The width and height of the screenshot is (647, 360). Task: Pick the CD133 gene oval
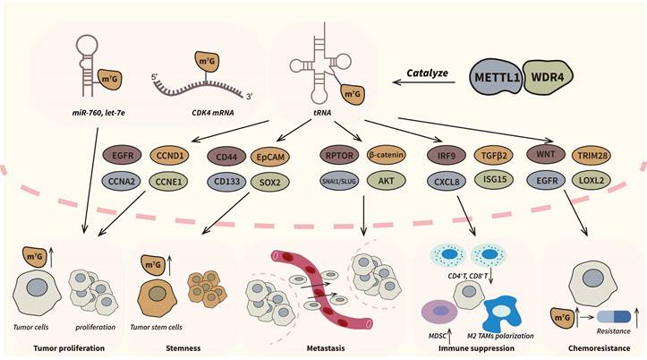(227, 180)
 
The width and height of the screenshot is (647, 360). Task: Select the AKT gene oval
(387, 180)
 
